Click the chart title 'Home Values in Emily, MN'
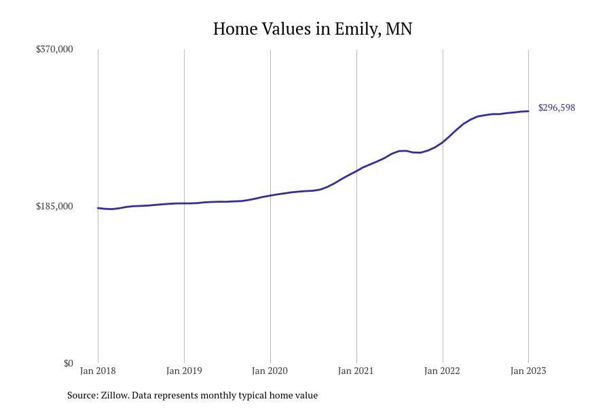click(x=312, y=29)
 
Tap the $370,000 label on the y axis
click(x=54, y=49)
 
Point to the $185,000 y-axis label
click(x=54, y=206)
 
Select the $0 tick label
click(x=68, y=363)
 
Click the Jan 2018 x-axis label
click(x=98, y=371)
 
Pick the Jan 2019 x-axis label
click(x=184, y=371)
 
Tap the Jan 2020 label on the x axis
click(x=270, y=371)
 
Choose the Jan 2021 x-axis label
click(x=356, y=371)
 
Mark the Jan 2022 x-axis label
click(x=442, y=371)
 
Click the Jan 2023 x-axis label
click(x=528, y=371)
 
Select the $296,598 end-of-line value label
click(x=557, y=107)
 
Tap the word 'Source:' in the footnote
click(x=82, y=395)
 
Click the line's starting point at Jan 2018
click(x=98, y=208)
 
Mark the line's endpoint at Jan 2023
click(x=528, y=111)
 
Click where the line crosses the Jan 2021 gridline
click(x=356, y=170)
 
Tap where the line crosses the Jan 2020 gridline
click(x=270, y=195)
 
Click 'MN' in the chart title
click(x=399, y=29)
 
